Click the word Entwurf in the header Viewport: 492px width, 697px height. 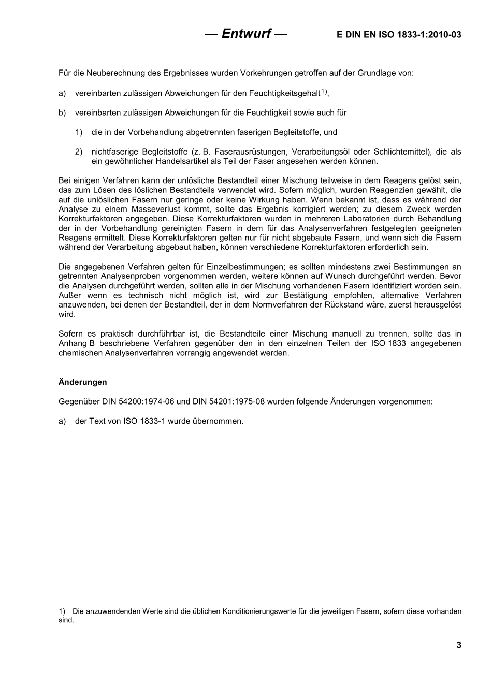[246, 34]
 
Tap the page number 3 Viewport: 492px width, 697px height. [459, 645]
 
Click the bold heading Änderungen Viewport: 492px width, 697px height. [83, 382]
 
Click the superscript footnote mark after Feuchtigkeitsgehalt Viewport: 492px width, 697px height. [324, 92]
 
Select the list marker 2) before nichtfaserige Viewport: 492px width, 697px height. [79, 152]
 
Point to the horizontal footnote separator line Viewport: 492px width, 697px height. [118, 593]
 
